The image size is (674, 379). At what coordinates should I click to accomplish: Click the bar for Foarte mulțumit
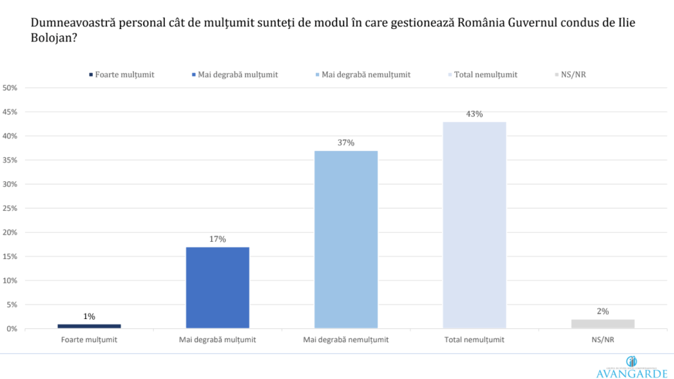pyautogui.click(x=89, y=326)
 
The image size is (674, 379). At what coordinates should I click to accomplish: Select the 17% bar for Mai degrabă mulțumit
pyautogui.click(x=218, y=287)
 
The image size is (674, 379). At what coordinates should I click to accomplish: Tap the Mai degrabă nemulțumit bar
pyautogui.click(x=346, y=239)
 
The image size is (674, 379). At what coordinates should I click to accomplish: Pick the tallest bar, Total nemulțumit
pyautogui.click(x=475, y=225)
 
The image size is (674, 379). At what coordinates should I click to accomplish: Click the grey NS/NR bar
pyautogui.click(x=603, y=324)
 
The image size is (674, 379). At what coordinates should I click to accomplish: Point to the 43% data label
pyautogui.click(x=475, y=114)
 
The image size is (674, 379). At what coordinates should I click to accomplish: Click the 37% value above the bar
pyautogui.click(x=346, y=143)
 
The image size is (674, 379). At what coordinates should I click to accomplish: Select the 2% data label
pyautogui.click(x=603, y=311)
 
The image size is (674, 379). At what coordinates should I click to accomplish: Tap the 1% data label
pyautogui.click(x=89, y=316)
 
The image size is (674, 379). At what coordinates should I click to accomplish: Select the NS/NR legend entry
pyautogui.click(x=572, y=74)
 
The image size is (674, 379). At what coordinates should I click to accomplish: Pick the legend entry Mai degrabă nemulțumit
pyautogui.click(x=365, y=74)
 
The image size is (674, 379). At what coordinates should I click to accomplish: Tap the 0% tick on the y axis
pyautogui.click(x=13, y=329)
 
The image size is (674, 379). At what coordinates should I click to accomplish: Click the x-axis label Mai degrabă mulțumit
pyautogui.click(x=218, y=340)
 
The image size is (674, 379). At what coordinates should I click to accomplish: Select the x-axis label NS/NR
pyautogui.click(x=603, y=340)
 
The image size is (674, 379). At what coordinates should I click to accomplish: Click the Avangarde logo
pyautogui.click(x=632, y=368)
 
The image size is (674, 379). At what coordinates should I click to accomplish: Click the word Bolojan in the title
pyautogui.click(x=51, y=39)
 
